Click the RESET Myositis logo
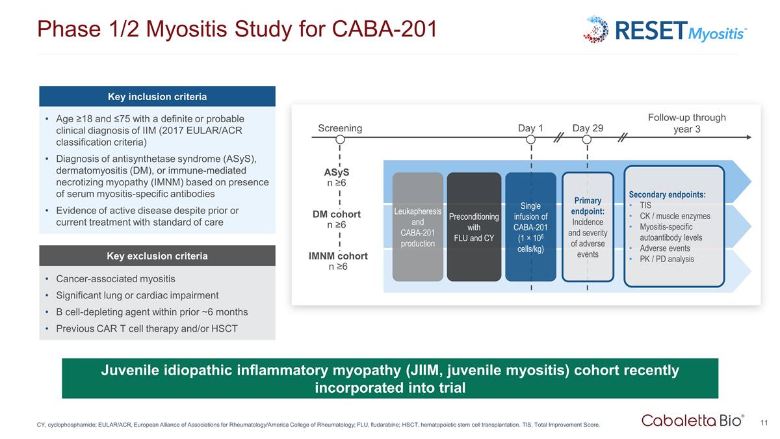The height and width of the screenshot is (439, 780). pos(665,29)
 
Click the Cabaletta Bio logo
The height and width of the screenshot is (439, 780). pos(693,420)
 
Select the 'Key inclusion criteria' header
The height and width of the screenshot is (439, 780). pos(157,97)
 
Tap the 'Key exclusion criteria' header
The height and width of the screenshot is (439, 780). pos(157,256)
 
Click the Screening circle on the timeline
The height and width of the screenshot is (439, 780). pos(340,139)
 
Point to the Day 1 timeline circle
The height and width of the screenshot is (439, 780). pos(531,139)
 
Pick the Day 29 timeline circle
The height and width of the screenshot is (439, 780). pos(587,139)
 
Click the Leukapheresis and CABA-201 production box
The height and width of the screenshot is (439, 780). pos(417,226)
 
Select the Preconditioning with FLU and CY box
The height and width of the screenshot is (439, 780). pos(474,226)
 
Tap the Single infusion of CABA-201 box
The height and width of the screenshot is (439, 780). pos(531,226)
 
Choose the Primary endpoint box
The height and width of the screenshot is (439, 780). pos(588,226)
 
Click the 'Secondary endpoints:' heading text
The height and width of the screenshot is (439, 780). pos(667,194)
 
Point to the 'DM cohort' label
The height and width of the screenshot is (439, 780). pos(337,214)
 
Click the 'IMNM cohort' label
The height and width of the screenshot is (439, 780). pos(338,256)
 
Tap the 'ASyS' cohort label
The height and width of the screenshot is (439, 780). pos(336,172)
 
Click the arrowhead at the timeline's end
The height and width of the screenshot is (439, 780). pos(749,137)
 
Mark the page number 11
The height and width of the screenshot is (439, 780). pos(764,423)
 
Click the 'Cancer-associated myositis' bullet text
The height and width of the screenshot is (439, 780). pos(116,279)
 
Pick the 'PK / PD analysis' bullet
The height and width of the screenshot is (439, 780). pos(666,259)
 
